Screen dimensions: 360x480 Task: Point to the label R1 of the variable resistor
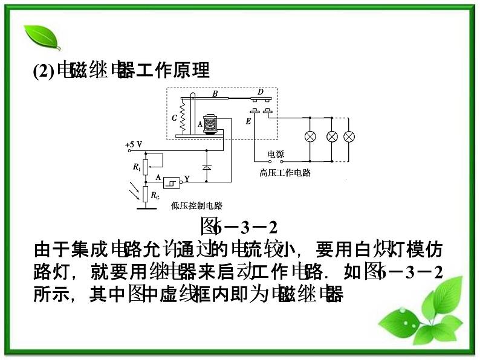pos(137,166)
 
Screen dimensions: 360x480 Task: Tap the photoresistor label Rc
pos(156,195)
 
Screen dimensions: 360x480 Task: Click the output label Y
pos(187,179)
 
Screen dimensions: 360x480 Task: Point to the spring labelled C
pos(183,118)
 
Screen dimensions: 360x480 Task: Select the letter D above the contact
pos(261,92)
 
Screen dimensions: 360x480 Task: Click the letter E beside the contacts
pos(248,121)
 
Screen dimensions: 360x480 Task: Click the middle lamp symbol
pos(331,137)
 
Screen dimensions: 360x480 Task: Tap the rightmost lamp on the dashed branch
pos(349,137)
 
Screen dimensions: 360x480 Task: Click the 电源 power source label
pos(276,154)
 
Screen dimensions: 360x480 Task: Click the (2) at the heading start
pos(44,71)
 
